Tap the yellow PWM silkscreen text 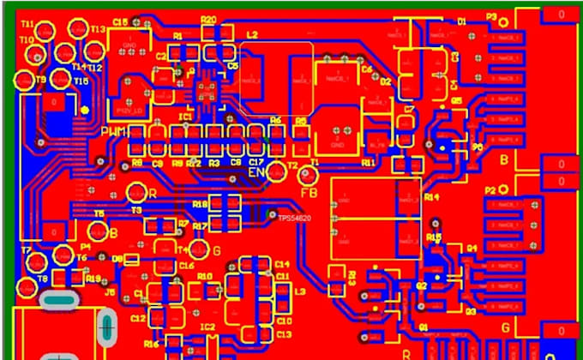coord(115,132)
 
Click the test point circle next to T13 coord(78,30)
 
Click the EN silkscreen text coord(255,172)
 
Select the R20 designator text coord(207,19)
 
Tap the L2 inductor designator coord(252,34)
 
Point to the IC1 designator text coord(185,114)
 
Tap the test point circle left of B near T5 coord(97,232)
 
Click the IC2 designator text coord(207,327)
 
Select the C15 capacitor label coord(119,22)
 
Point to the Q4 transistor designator coord(471,249)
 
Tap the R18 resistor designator coord(199,205)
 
